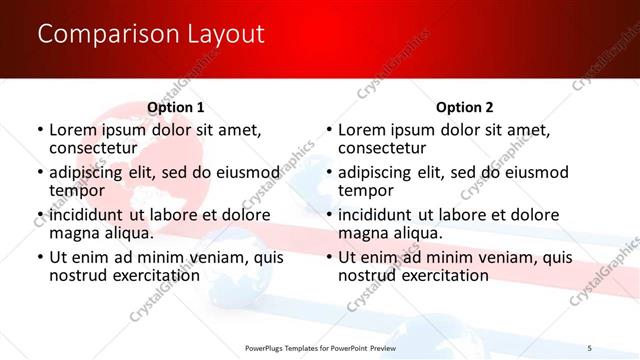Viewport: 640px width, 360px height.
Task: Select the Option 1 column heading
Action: [175, 107]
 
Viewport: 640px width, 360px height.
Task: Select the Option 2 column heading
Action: [464, 107]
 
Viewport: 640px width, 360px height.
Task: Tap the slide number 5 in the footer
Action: [589, 347]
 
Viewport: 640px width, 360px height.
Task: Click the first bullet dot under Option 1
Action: [40, 131]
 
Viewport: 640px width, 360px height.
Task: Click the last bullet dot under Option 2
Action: [329, 258]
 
